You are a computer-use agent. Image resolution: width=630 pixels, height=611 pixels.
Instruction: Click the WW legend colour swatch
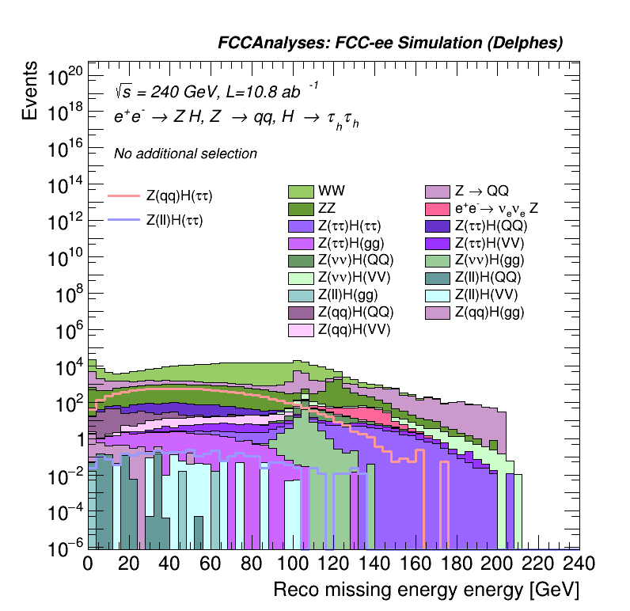(x=301, y=192)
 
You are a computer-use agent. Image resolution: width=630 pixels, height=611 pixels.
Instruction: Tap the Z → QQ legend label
(x=481, y=192)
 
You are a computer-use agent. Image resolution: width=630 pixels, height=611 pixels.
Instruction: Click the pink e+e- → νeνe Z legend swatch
(x=437, y=209)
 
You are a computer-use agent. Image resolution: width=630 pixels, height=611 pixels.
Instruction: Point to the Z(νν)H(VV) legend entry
(x=355, y=277)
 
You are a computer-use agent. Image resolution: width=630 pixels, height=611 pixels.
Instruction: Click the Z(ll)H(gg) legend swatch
(x=301, y=294)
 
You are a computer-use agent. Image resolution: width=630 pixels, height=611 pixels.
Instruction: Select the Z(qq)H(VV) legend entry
(x=355, y=329)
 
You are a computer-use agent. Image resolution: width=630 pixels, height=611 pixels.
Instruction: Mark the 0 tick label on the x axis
(x=88, y=564)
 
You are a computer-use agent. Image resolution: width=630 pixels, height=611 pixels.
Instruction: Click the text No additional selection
(x=185, y=154)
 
